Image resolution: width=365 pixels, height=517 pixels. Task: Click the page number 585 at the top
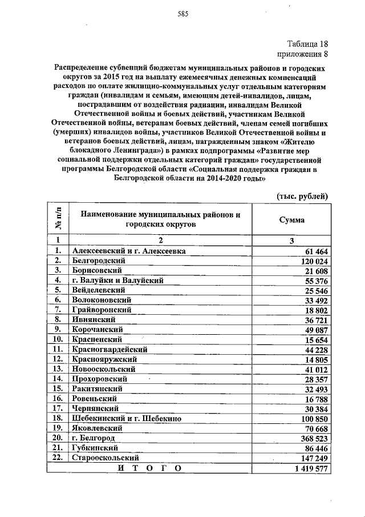182,13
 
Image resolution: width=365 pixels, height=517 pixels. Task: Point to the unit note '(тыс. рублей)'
302,197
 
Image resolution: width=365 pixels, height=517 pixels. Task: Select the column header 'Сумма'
291,220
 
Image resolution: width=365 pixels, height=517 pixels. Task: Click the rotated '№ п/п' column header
58,220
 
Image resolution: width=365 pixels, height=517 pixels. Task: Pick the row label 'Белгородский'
98,260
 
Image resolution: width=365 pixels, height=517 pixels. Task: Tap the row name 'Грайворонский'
100,309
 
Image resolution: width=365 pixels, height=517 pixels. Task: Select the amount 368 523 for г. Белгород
314,438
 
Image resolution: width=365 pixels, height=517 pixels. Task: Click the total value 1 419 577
310,468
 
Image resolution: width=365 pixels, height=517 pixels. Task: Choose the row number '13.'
58,368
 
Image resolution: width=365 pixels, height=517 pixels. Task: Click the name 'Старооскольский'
106,458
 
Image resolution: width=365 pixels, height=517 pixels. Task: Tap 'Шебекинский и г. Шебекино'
126,419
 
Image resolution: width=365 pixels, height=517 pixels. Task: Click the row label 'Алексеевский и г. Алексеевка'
129,250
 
